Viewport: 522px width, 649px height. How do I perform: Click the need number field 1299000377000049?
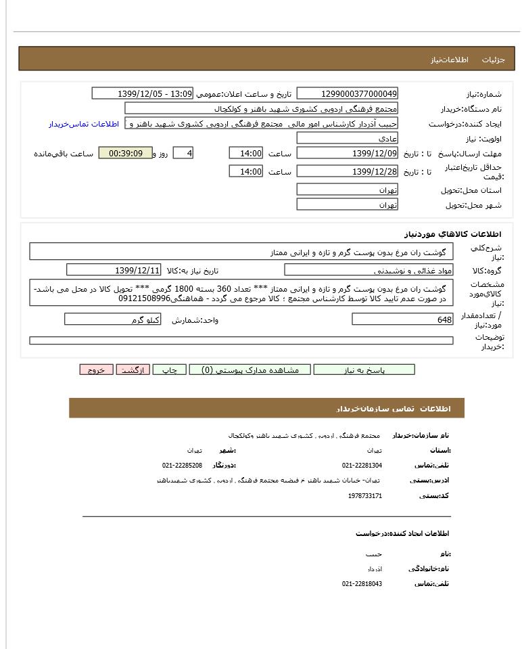pyautogui.click(x=347, y=93)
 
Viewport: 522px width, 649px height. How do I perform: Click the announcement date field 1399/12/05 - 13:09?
pyautogui.click(x=142, y=93)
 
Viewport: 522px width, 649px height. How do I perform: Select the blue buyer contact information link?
pyautogui.click(x=83, y=124)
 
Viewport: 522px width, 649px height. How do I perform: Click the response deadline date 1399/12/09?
pyautogui.click(x=347, y=154)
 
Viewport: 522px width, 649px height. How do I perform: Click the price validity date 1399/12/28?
pyautogui.click(x=347, y=172)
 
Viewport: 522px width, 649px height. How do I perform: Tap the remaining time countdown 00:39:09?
pyautogui.click(x=125, y=154)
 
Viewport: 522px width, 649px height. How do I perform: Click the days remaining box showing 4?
pyautogui.click(x=183, y=154)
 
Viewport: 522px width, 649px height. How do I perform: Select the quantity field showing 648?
pyautogui.click(x=402, y=319)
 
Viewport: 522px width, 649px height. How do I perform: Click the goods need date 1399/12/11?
pyautogui.click(x=114, y=271)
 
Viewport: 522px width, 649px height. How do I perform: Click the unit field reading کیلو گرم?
pyautogui.click(x=112, y=319)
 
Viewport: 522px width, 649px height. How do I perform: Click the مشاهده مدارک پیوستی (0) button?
pyautogui.click(x=250, y=370)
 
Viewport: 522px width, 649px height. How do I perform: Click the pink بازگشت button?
pyautogui.click(x=133, y=370)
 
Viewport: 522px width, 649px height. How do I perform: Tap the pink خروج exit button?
pyautogui.click(x=96, y=370)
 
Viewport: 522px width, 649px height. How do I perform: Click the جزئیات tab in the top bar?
pyautogui.click(x=493, y=60)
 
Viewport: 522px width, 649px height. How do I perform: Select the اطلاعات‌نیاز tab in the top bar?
pyautogui.click(x=449, y=60)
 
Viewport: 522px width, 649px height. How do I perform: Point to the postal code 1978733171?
pyautogui.click(x=365, y=496)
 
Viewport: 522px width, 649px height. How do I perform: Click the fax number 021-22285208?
pyautogui.click(x=182, y=466)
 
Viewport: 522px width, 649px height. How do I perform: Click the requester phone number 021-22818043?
pyautogui.click(x=362, y=583)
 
